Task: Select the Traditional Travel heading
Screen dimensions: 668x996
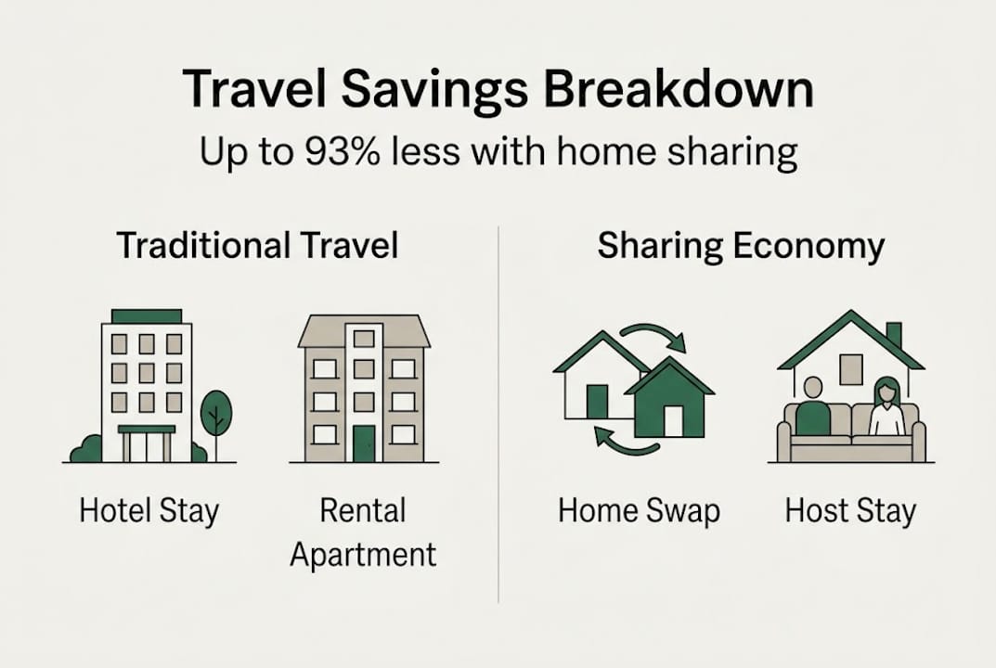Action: coord(257,246)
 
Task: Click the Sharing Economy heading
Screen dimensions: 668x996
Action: coord(741,246)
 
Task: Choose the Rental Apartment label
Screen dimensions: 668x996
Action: coord(363,533)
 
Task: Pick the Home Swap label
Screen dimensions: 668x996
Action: coord(639,511)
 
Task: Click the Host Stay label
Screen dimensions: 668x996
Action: coord(849,511)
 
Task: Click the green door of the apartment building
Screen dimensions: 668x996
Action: coord(363,443)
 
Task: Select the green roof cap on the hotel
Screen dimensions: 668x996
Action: coord(147,315)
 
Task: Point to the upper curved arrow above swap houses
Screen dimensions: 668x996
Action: coord(653,336)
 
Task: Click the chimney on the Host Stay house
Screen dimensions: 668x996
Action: coord(894,335)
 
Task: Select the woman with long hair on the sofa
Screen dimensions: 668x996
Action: coord(886,407)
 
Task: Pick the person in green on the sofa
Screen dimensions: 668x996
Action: coord(813,409)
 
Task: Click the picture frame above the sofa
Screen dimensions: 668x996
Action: coord(850,368)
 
